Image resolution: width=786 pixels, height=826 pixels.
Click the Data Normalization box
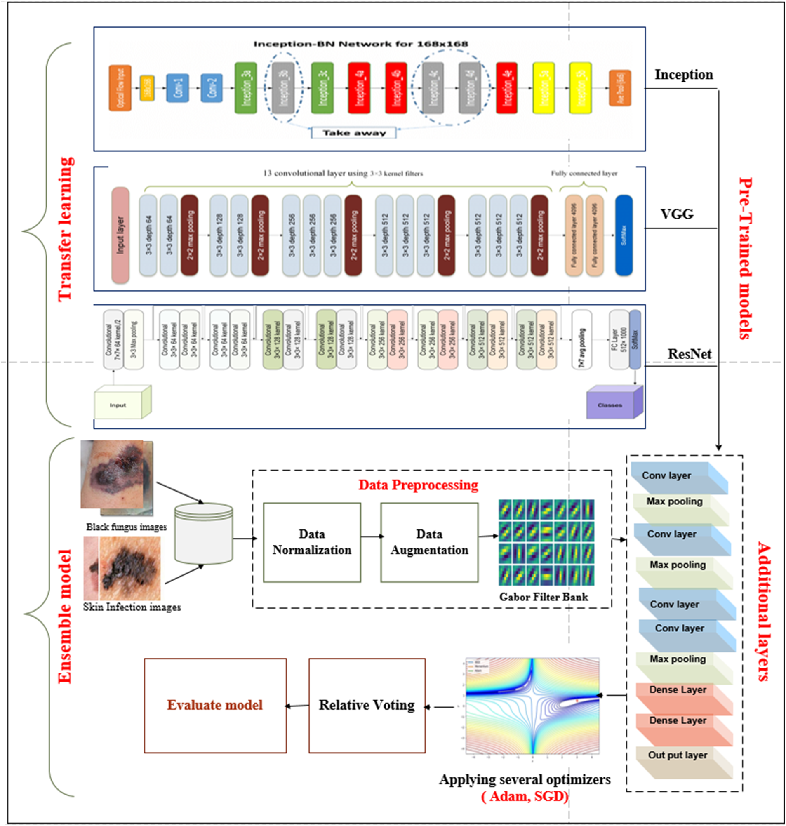312,542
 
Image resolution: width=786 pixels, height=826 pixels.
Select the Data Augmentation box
429,542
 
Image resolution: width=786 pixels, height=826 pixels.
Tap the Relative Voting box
367,705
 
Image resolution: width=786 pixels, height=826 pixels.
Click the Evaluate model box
215,705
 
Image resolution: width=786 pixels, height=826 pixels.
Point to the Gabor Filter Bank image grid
546,542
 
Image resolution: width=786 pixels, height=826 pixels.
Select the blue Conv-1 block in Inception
178,88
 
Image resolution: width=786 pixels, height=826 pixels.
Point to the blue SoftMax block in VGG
624,235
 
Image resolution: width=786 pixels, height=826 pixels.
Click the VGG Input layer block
120,235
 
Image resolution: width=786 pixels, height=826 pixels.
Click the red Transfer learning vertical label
65,228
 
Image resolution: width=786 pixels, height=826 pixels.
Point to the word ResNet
689,354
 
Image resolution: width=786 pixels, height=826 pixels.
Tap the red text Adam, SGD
525,797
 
